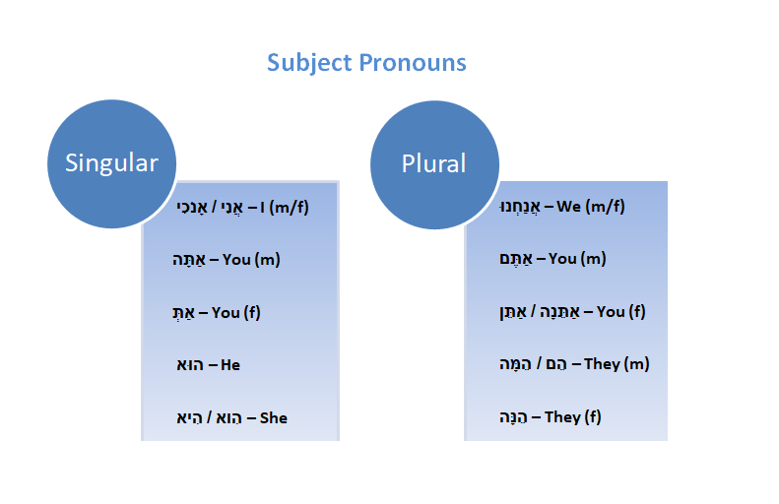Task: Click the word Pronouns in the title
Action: pos(413,63)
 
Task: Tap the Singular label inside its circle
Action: pos(112,163)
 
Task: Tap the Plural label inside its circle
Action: pos(433,163)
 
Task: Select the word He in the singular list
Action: pos(230,365)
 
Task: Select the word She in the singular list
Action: pos(273,418)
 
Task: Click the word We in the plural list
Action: pos(568,206)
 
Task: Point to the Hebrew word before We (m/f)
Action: pos(520,207)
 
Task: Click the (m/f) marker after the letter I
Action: pos(289,207)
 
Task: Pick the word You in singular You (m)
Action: pos(236,259)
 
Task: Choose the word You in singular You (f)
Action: pos(226,312)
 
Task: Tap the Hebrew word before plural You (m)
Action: pos(516,259)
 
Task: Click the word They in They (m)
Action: pos(602,364)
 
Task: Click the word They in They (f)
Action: pos(562,416)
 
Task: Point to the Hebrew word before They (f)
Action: pos(513,417)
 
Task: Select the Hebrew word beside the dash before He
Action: pos(190,365)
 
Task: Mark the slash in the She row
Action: pos(209,417)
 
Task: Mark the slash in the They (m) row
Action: pos(538,364)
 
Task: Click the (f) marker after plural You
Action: pos(637,312)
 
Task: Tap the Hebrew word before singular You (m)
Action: pos(189,260)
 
